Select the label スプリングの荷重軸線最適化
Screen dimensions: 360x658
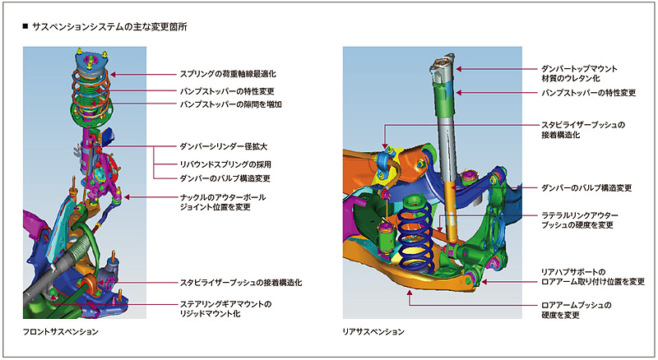[233, 73]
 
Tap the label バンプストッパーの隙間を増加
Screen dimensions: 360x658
[231, 104]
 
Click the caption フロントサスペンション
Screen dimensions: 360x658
[63, 332]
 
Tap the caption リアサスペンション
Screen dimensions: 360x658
[374, 332]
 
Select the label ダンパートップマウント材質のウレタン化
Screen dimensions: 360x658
[579, 73]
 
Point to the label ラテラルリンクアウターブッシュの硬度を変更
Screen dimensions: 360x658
[579, 220]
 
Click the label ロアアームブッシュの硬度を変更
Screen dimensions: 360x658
[576, 310]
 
